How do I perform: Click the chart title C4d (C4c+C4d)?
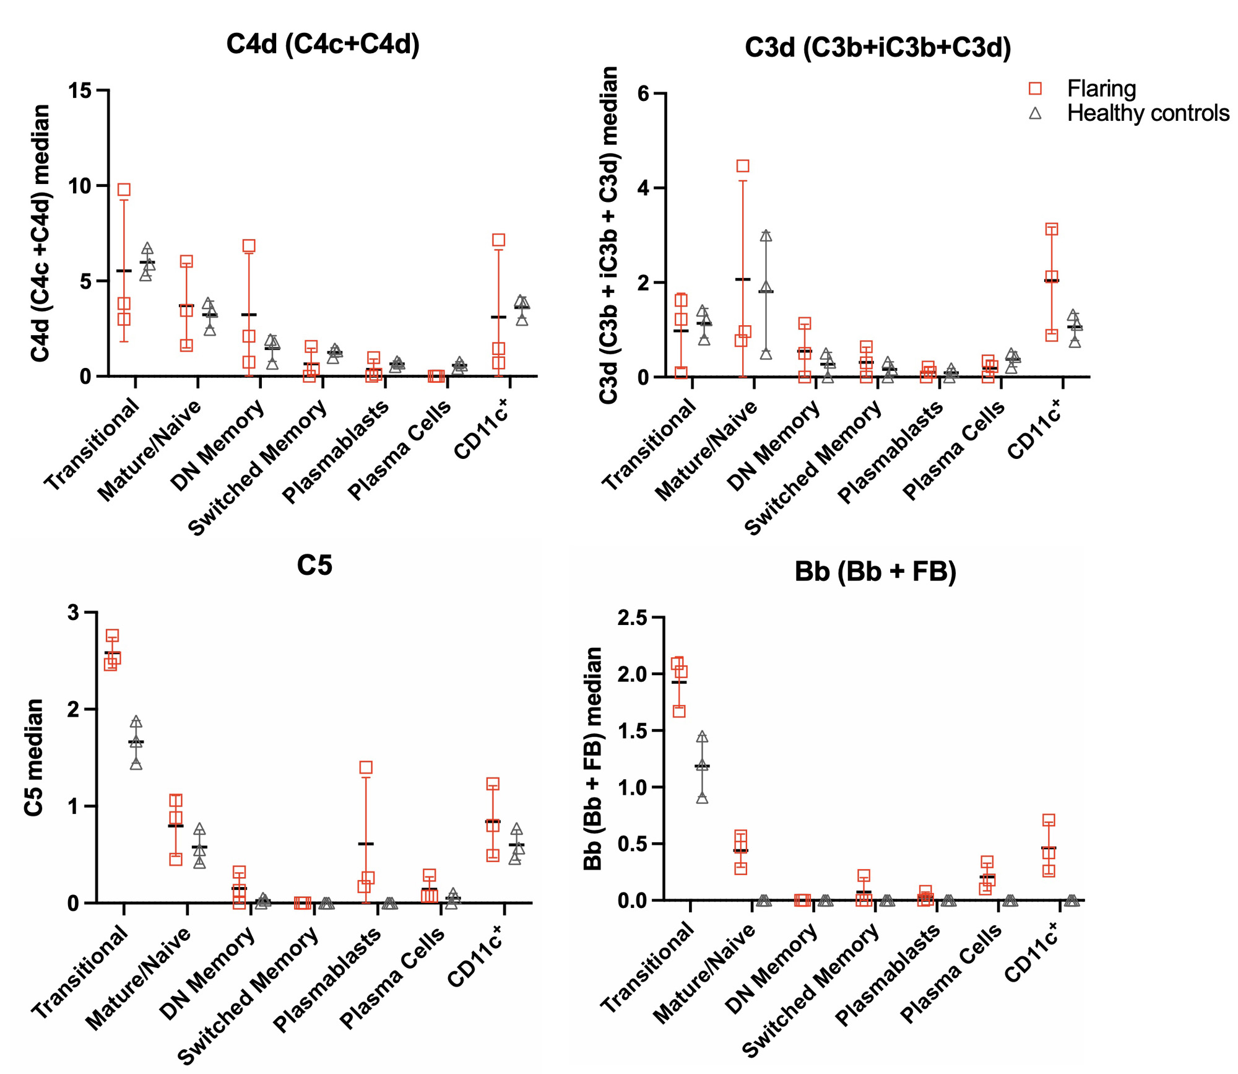(x=322, y=45)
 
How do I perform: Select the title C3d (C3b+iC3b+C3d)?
(x=878, y=48)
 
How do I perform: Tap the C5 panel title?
(x=314, y=565)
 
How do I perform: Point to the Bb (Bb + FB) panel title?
(x=875, y=571)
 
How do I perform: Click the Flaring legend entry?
(x=1101, y=89)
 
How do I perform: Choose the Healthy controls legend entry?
(x=1148, y=113)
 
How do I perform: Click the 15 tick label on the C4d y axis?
(x=80, y=91)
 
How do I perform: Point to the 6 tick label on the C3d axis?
(x=643, y=94)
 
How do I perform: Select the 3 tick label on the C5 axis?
(x=74, y=613)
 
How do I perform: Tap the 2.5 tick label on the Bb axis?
(x=631, y=618)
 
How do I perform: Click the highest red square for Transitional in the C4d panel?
(x=124, y=190)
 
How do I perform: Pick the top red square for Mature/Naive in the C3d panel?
(x=743, y=166)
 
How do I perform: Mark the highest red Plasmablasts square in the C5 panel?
(x=366, y=767)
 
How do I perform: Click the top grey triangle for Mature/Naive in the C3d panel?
(x=766, y=236)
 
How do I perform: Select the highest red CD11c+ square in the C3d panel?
(x=1051, y=229)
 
